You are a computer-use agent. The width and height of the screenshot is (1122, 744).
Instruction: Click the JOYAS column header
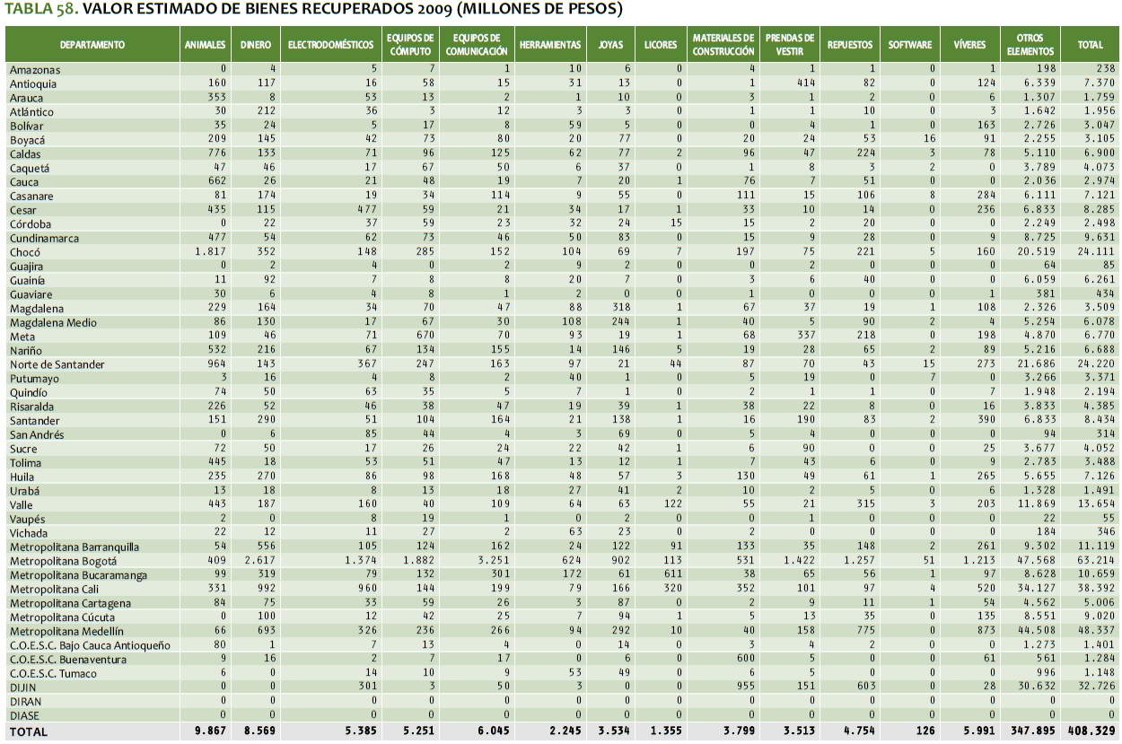(610, 45)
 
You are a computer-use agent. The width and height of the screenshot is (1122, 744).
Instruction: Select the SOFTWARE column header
(910, 45)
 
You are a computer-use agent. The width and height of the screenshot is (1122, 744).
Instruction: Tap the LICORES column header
(661, 45)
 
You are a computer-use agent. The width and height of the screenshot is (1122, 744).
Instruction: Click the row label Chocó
(25, 252)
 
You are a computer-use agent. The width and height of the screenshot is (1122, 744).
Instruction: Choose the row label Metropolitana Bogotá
(65, 560)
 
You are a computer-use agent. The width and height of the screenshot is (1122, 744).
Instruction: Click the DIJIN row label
(22, 687)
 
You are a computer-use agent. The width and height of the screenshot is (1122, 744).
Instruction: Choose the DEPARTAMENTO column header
(92, 45)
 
